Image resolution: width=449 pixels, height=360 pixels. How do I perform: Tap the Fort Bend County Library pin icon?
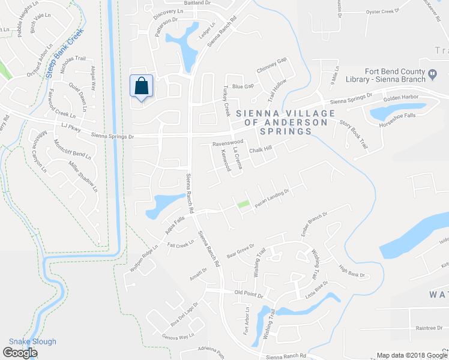click(432, 74)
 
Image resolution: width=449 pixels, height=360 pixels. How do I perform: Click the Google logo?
click(20, 353)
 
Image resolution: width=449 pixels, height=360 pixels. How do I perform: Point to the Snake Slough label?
click(32, 342)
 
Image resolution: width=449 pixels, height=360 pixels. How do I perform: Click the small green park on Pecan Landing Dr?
click(244, 205)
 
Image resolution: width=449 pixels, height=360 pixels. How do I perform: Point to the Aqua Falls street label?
click(173, 226)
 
